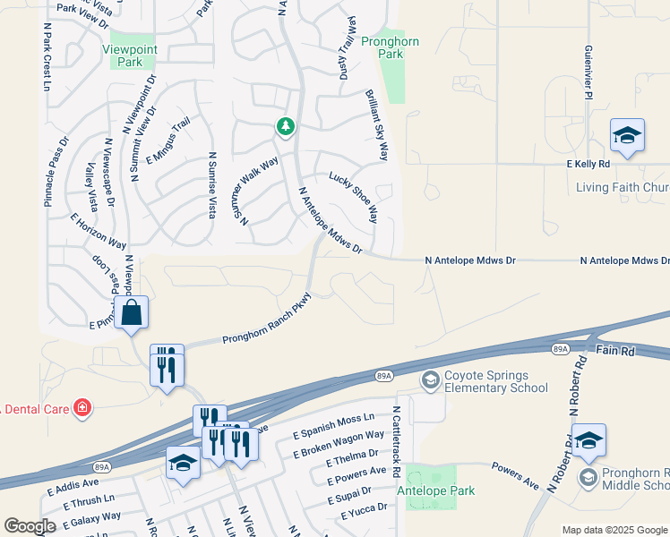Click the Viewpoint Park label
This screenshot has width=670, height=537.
123,55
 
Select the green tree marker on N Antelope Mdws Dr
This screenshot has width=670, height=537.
285,127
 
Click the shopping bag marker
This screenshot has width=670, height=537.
131,313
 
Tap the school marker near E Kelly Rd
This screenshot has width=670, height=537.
627,136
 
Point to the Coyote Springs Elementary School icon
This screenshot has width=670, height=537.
430,381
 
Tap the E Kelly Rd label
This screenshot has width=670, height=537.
588,165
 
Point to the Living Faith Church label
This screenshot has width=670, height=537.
622,187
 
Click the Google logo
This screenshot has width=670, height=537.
30,526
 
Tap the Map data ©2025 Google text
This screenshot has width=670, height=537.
614,530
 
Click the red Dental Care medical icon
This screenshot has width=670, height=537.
82,409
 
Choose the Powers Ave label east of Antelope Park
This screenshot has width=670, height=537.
516,475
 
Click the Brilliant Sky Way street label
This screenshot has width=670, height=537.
376,125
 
